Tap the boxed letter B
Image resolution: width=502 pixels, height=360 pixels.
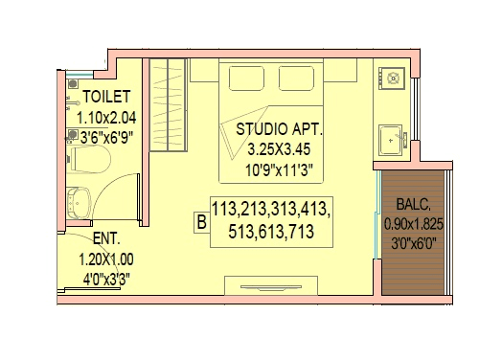tap(201, 223)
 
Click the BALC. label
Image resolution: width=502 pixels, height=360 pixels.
tap(414, 205)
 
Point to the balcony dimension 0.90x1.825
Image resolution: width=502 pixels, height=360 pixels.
tap(414, 223)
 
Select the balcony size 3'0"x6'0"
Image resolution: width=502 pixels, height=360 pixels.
tap(414, 242)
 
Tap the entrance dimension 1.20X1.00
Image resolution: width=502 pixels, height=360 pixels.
tap(106, 259)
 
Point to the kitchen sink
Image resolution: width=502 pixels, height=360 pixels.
tap(392, 141)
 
